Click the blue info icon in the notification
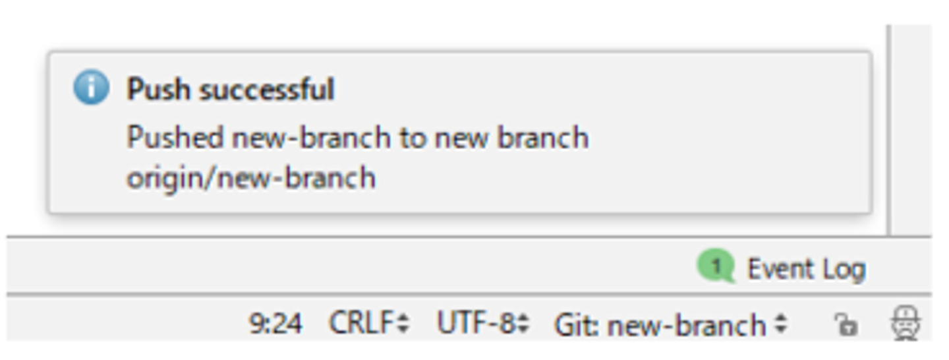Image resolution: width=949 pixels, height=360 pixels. tap(91, 89)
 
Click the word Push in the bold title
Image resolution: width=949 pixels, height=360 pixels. tap(158, 89)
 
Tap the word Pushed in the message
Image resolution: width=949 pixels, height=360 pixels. tap(175, 138)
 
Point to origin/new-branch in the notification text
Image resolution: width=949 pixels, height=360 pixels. tap(250, 178)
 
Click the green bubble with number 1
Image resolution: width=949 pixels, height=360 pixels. tap(716, 267)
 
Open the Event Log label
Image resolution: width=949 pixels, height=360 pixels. tap(805, 269)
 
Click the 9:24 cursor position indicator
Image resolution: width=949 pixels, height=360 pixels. tap(275, 324)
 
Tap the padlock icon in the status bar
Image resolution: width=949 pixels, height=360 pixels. tap(845, 324)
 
